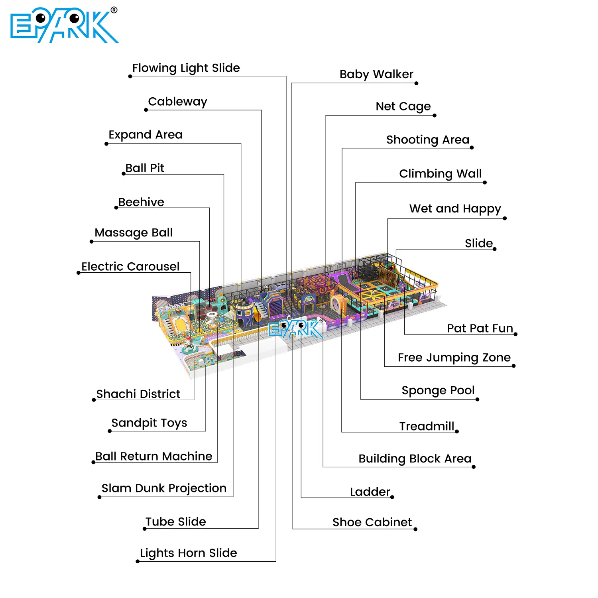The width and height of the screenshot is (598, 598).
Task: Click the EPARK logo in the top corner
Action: point(64,26)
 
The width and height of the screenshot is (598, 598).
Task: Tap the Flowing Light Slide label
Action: point(186,68)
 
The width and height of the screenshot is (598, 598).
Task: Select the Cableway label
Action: point(177,102)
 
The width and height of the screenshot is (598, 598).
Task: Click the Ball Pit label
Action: point(145,168)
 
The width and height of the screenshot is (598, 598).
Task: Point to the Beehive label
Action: point(141,202)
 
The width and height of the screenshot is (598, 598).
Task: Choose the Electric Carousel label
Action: point(130,266)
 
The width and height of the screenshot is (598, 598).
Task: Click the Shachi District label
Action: point(138,394)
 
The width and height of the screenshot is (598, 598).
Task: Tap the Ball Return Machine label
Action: point(154,456)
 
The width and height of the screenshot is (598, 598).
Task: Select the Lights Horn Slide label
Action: point(189,553)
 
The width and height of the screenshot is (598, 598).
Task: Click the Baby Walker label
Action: point(376,75)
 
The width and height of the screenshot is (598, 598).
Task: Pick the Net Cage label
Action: point(403,107)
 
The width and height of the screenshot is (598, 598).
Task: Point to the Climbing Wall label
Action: point(441,174)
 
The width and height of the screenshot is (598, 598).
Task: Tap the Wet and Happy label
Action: point(455,209)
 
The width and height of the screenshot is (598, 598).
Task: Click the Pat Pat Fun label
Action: point(480,328)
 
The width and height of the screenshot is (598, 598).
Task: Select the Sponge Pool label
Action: point(438,391)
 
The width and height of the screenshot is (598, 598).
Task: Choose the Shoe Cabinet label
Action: point(372,522)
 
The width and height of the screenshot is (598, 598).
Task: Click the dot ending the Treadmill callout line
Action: point(457,431)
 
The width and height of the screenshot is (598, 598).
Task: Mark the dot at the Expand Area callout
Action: point(106,144)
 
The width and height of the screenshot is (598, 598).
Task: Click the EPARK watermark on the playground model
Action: point(295,329)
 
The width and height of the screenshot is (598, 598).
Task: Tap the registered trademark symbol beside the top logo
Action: point(114,10)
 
